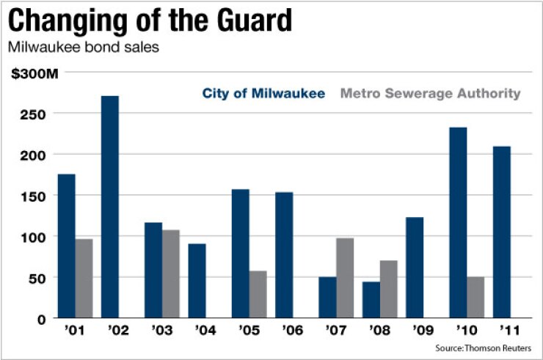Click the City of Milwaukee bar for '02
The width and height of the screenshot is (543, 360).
(110, 207)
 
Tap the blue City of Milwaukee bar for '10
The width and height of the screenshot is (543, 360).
(458, 223)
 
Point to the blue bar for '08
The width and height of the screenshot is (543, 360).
(371, 300)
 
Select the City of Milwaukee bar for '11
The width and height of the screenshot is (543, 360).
(502, 232)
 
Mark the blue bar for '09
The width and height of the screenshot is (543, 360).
(415, 268)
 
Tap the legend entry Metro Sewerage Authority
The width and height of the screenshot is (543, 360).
(430, 93)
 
